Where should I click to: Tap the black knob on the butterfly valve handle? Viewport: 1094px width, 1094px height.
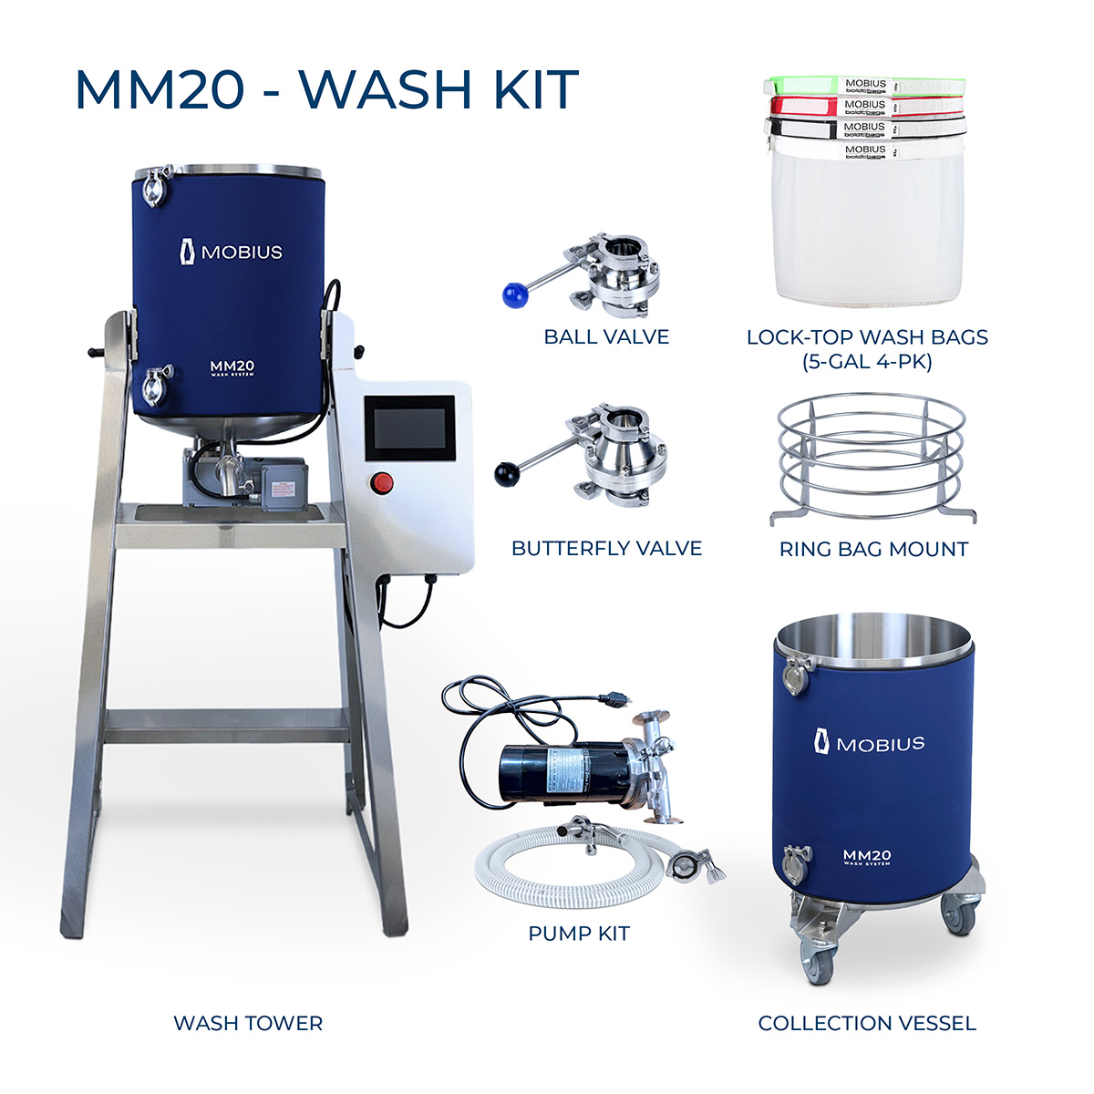pyautogui.click(x=505, y=473)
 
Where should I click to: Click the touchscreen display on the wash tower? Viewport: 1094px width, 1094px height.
pyautogui.click(x=409, y=428)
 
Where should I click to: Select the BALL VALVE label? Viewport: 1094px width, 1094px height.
pyautogui.click(x=606, y=337)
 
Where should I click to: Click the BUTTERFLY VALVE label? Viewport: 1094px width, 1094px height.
pyautogui.click(x=606, y=549)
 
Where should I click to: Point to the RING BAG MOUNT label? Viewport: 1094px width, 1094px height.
pyautogui.click(x=873, y=550)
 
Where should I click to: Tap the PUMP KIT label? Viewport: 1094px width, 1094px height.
pyautogui.click(x=579, y=934)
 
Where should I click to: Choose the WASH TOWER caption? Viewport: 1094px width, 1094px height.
pyautogui.click(x=248, y=1024)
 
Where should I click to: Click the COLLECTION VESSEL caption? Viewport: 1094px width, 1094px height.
pyautogui.click(x=867, y=1024)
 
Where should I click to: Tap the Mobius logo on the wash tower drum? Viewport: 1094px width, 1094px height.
pyautogui.click(x=231, y=252)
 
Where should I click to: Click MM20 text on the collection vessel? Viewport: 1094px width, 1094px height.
pyautogui.click(x=867, y=855)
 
